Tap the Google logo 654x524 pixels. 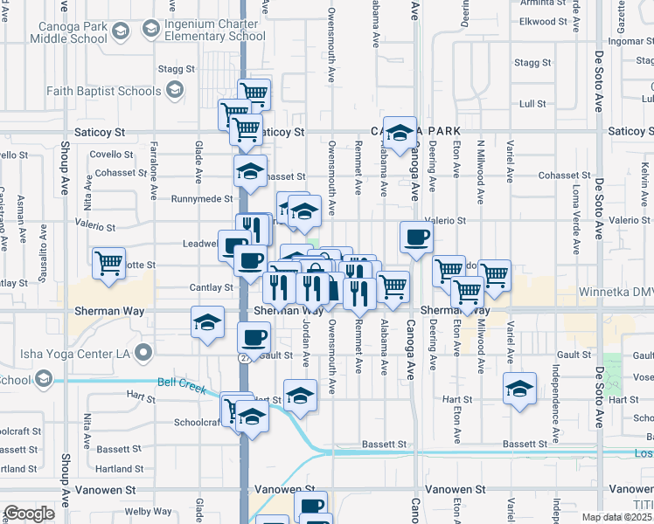pyautogui.click(x=29, y=514)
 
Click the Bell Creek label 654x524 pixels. pyautogui.click(x=180, y=383)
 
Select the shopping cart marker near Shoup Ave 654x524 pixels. pyautogui.click(x=108, y=262)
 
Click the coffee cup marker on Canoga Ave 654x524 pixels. pyautogui.click(x=416, y=236)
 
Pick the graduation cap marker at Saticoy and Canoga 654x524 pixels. pyautogui.click(x=400, y=133)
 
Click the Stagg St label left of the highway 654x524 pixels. pyautogui.click(x=176, y=68)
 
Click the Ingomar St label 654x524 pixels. pyautogui.click(x=634, y=41)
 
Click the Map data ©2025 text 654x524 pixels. pyautogui.click(x=617, y=517)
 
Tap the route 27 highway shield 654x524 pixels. pyautogui.click(x=246, y=356)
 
